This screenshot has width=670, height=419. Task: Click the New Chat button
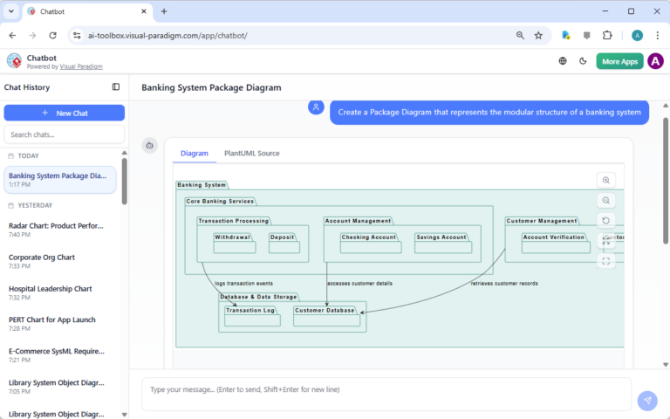pos(64,113)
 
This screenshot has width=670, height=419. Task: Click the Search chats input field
pos(64,134)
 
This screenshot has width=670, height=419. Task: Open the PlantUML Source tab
pos(251,153)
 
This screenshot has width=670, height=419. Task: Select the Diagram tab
pos(194,153)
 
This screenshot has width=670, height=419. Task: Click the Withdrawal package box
pos(234,244)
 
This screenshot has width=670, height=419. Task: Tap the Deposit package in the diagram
pos(284,244)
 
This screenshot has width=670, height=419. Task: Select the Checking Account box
pos(368,244)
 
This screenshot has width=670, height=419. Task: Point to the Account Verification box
pos(554,244)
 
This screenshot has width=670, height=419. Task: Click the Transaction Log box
pos(251,316)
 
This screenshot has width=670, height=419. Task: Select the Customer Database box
pos(326,316)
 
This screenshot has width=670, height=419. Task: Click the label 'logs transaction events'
pos(244,284)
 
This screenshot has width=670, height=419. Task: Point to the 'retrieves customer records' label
pos(504,284)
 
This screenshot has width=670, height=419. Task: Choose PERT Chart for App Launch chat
pos(52,319)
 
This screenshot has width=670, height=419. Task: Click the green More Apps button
pos(619,61)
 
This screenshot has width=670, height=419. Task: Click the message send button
pos(646,401)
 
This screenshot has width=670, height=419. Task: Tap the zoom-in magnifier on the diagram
pos(606,180)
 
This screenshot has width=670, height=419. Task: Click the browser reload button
pos(52,35)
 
